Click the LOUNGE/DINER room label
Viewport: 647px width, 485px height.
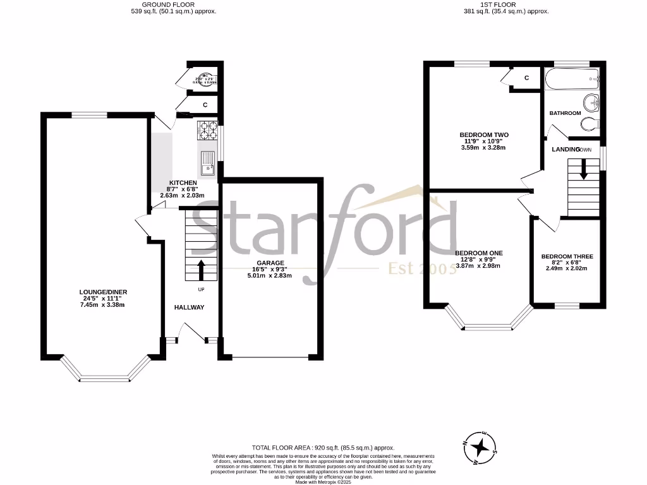(x=103, y=292)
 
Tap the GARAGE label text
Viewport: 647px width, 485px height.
(x=270, y=263)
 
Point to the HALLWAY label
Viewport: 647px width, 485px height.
(x=190, y=308)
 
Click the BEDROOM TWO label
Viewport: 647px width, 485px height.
(x=484, y=135)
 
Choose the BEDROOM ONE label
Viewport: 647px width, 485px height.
(x=479, y=253)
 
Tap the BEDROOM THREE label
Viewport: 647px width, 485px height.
(x=567, y=256)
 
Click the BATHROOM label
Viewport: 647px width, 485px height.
(x=565, y=113)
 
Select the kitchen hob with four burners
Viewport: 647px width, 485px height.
(x=207, y=130)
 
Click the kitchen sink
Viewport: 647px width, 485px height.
(x=208, y=162)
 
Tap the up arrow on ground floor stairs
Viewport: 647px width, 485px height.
(x=202, y=269)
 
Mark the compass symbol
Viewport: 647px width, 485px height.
(x=481, y=447)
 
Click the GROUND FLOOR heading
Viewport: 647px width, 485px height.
(x=173, y=4)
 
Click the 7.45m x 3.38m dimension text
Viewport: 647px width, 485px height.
(x=103, y=305)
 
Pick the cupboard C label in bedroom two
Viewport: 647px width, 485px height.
(x=526, y=78)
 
